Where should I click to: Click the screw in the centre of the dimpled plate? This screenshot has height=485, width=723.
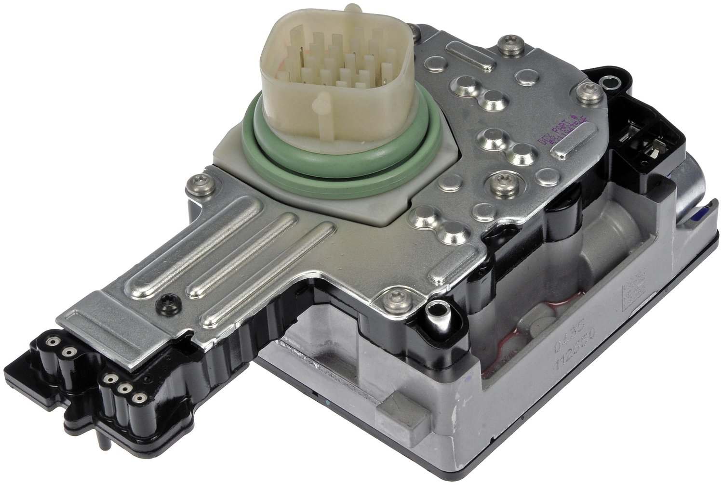[x=493, y=182]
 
